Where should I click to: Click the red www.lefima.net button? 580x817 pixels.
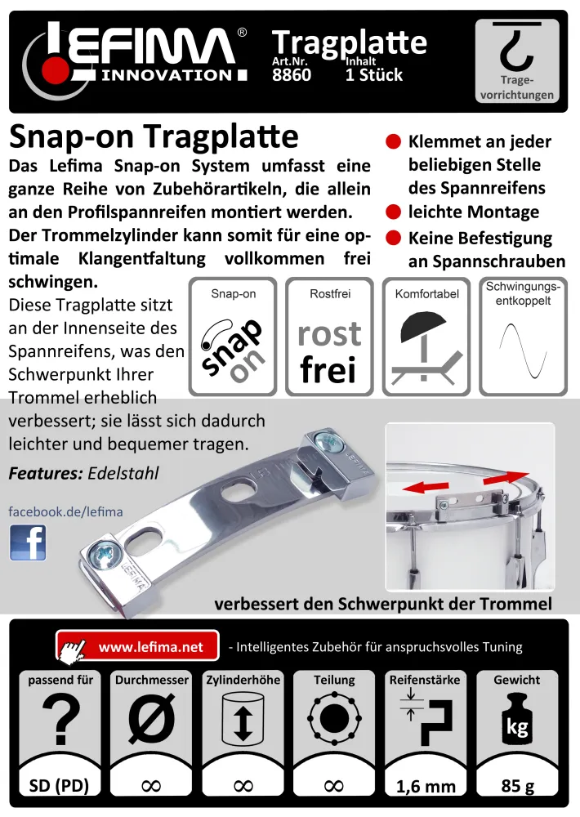(139, 646)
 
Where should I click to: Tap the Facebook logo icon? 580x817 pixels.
(28, 542)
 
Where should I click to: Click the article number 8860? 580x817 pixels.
(292, 75)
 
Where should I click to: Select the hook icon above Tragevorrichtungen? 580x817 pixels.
(517, 50)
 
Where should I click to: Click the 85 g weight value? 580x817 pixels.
(517, 787)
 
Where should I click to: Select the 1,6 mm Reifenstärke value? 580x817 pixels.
(426, 787)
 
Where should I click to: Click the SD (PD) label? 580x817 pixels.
(59, 787)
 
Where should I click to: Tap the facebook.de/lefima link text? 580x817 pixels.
(65, 512)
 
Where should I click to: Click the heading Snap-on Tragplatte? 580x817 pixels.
(154, 136)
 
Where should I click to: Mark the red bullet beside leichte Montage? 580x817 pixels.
(393, 212)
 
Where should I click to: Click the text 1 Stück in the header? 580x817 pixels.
(374, 75)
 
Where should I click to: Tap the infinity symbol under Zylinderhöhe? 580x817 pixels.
(243, 786)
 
